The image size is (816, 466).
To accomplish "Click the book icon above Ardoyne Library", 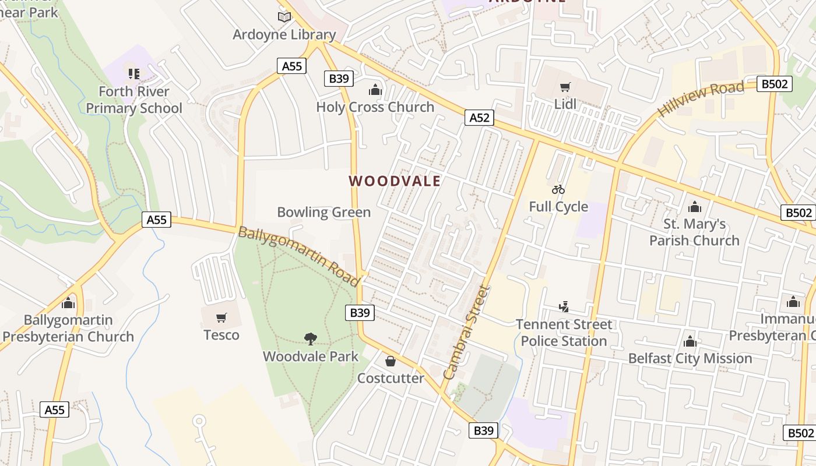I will pos(284,17).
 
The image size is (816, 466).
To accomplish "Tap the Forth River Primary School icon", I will pos(134,74).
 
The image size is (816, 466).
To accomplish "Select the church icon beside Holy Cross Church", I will pos(375,90).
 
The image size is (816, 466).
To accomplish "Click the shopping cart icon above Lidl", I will pos(565,87).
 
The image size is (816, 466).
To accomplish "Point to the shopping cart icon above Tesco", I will pos(221,318).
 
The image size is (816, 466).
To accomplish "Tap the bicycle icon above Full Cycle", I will pos(558,189).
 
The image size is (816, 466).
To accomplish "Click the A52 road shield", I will pos(479,118).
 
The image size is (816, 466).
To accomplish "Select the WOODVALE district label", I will pos(395,181).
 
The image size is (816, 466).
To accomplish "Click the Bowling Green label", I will pos(323,212).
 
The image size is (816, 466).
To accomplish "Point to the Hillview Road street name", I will pos(701,99).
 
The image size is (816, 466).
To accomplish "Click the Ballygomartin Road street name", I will pos(299,256).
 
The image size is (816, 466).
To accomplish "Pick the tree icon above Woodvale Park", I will pos(311,338).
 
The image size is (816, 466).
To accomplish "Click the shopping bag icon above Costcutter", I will pos(391,361).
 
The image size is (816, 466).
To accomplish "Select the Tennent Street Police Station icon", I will pos(564,307).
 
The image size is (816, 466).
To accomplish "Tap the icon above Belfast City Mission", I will pos(690,341).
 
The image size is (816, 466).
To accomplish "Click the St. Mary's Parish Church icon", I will pos(694,207).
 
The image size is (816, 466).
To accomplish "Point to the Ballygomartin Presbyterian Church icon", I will pos(69,303).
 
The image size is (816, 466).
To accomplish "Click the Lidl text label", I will pos(565,104).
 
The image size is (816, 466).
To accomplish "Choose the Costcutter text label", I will pos(391,378).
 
